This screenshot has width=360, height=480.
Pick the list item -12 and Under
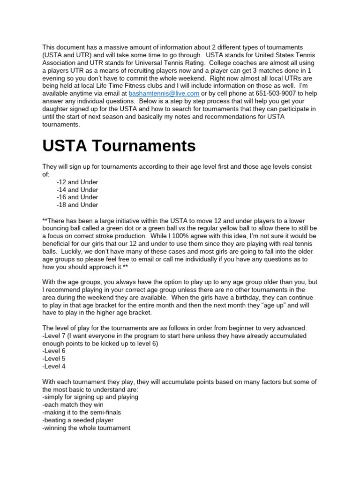point(77,182)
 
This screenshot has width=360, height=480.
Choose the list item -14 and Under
point(77,190)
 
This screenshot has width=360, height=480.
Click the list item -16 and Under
point(77,197)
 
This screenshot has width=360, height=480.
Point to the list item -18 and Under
point(77,205)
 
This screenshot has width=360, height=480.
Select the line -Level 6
point(54,351)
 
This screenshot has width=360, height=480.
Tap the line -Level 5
point(54,359)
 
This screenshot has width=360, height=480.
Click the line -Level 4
point(54,366)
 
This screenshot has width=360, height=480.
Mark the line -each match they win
point(73,405)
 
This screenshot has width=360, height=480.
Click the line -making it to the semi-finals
point(82,412)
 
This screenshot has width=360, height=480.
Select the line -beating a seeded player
point(78,420)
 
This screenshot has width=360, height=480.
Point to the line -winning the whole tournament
point(86,428)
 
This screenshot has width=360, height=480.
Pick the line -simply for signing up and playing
point(90,397)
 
